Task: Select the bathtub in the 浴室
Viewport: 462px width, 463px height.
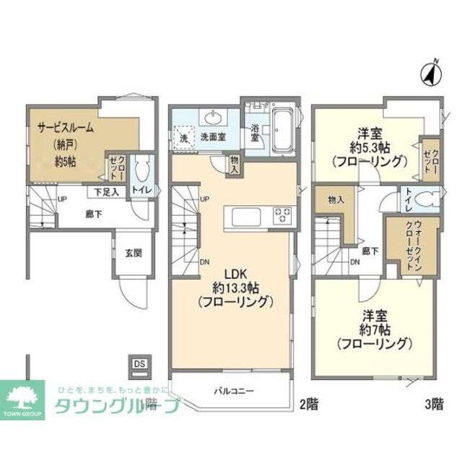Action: point(281,128)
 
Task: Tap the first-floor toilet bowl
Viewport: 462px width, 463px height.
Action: point(143,170)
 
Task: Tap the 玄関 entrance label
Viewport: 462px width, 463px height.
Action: point(133,252)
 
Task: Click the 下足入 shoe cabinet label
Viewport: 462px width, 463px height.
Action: point(105,193)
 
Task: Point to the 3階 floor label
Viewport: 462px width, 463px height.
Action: point(433,404)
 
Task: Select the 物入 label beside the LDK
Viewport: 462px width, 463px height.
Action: point(235,165)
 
